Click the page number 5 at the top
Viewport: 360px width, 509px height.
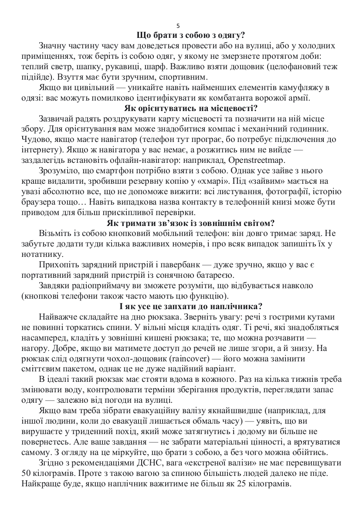(180, 26)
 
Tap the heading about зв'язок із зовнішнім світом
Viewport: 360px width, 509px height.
(190, 223)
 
